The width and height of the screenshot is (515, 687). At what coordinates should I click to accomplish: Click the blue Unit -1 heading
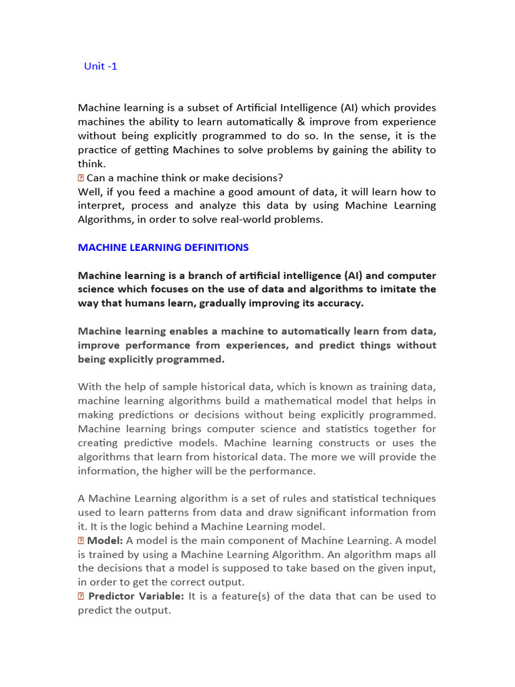[x=101, y=66]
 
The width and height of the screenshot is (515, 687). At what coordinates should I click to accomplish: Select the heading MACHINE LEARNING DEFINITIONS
[x=163, y=248]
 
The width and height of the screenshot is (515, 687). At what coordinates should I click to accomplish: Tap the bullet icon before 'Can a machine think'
[x=81, y=178]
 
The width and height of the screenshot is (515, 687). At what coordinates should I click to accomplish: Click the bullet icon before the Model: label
[x=81, y=541]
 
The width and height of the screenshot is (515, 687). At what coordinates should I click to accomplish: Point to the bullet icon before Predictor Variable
[x=81, y=596]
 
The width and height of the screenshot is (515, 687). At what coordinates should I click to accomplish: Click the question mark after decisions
[x=281, y=178]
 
